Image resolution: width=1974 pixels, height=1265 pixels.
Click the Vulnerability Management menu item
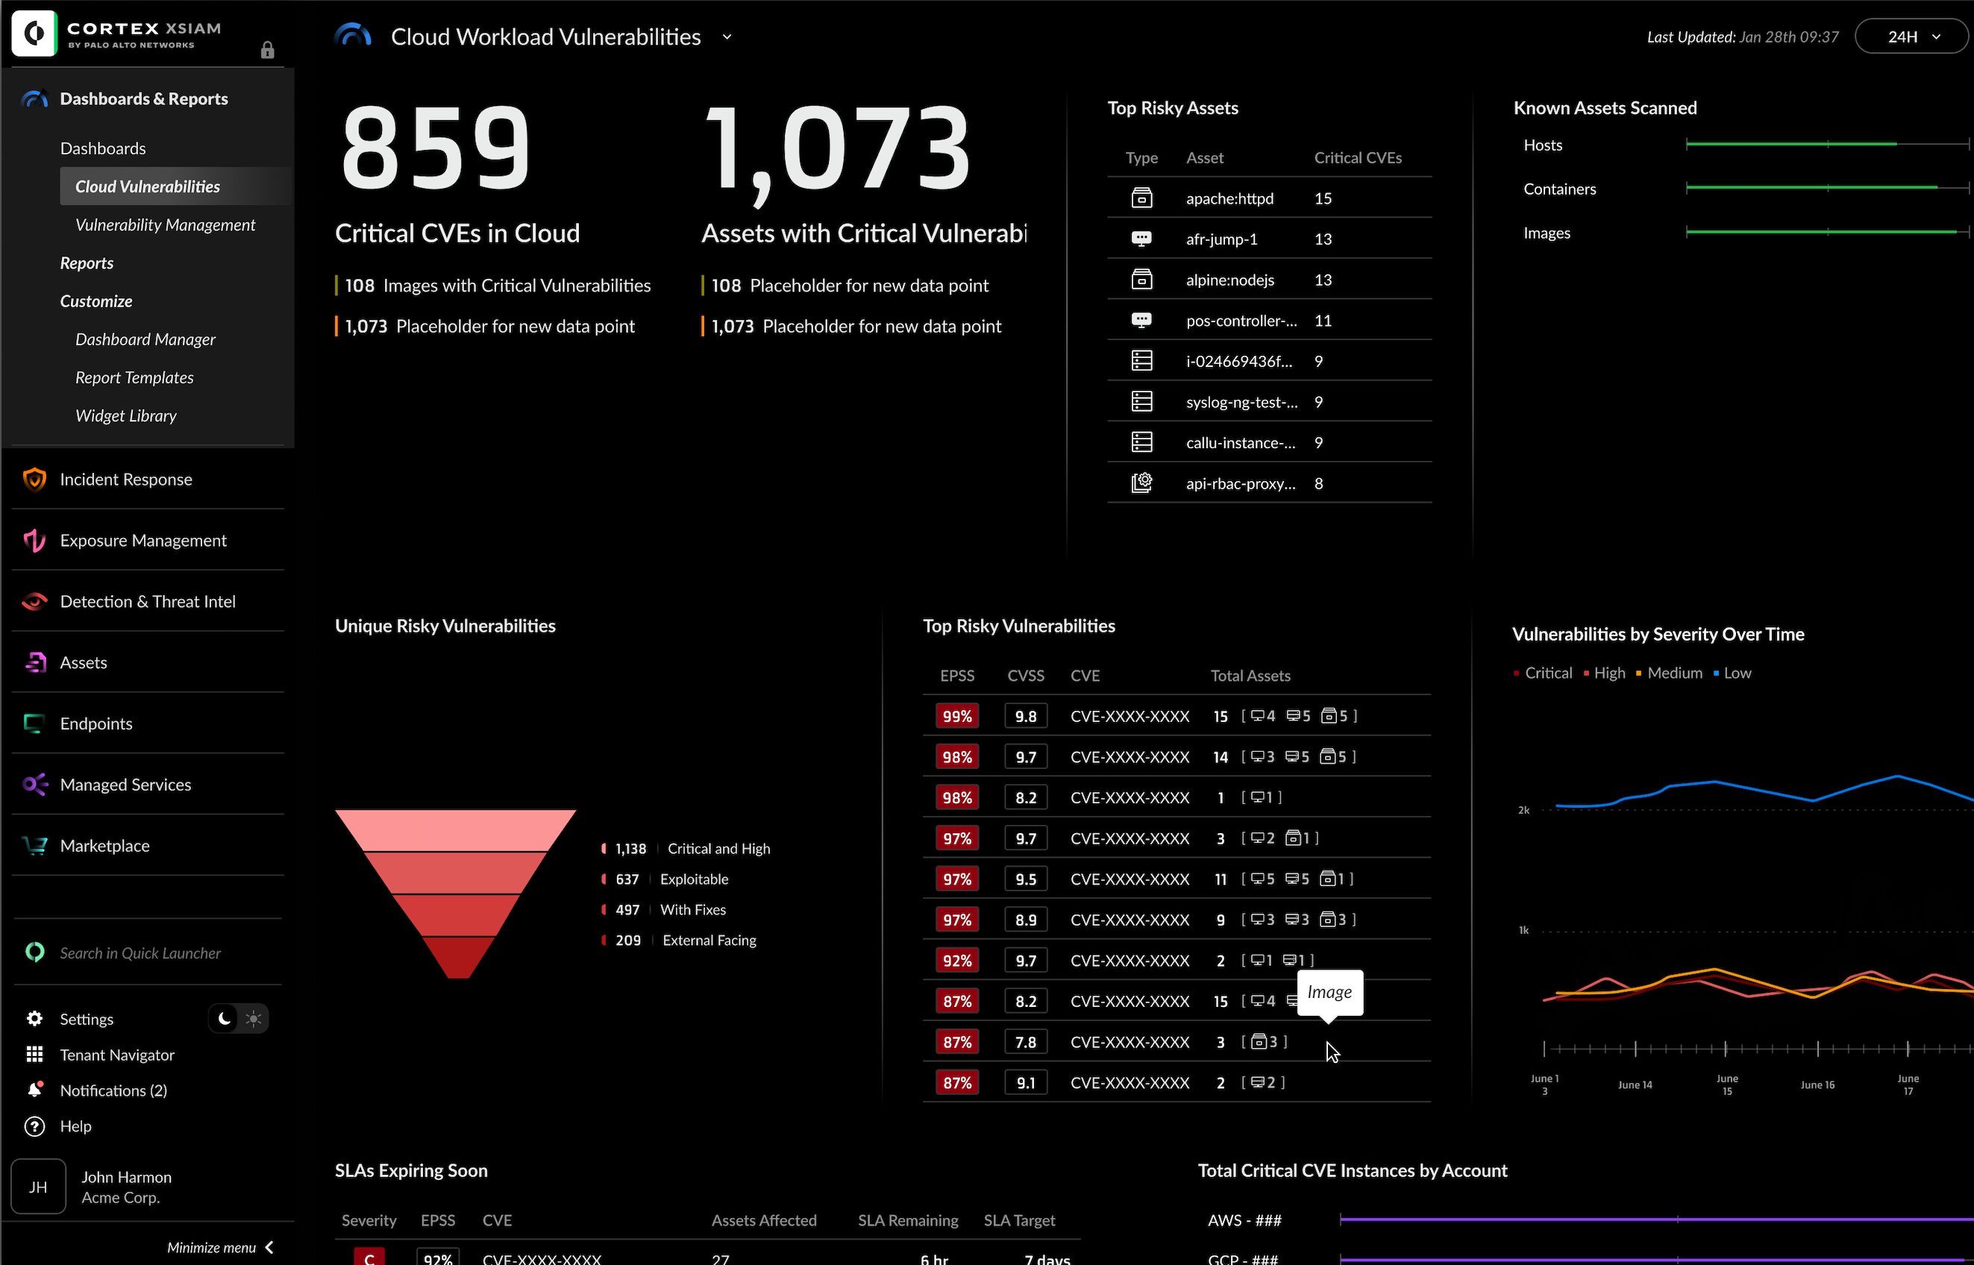(x=165, y=225)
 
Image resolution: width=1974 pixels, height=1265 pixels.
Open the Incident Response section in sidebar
(x=125, y=479)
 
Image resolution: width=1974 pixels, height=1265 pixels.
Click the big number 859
(x=436, y=148)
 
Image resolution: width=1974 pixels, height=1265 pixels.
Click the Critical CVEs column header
(x=1357, y=157)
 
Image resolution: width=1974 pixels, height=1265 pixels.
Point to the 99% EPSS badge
(x=956, y=716)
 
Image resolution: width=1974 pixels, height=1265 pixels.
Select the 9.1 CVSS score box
(x=1025, y=1083)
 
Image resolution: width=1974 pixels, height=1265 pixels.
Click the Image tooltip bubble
(x=1329, y=992)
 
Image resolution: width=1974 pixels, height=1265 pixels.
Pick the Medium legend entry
(x=1674, y=673)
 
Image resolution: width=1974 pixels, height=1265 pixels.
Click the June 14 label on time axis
(x=1635, y=1084)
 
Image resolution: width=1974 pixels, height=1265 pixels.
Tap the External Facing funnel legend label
(x=709, y=941)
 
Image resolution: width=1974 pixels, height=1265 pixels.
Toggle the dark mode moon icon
(x=225, y=1019)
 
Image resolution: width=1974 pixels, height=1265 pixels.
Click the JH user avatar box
(x=38, y=1186)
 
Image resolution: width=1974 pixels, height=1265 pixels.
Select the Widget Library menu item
(x=125, y=415)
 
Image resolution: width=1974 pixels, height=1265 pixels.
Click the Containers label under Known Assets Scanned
(x=1559, y=189)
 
